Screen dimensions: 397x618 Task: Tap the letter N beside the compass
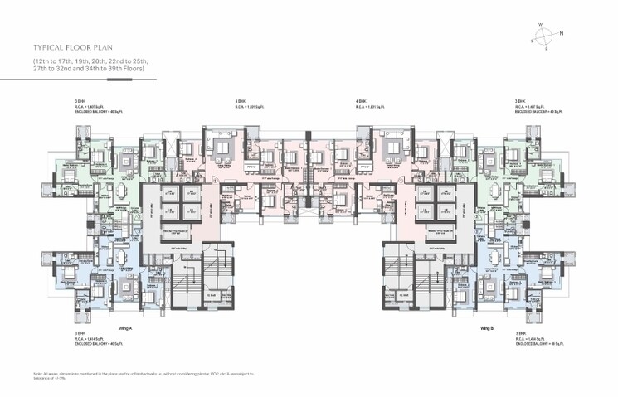point(562,33)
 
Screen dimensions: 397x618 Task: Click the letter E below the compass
point(546,49)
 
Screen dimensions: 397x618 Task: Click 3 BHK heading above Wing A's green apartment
point(79,101)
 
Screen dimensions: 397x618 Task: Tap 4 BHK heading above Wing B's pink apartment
point(361,101)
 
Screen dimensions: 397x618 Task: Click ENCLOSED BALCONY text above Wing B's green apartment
point(539,112)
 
